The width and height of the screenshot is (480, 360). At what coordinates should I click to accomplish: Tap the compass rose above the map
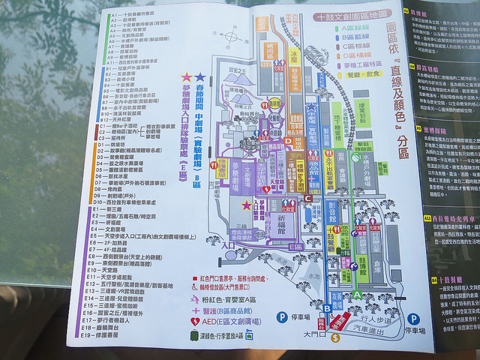coord(233,36)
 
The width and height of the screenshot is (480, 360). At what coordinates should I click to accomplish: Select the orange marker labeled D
coord(288,140)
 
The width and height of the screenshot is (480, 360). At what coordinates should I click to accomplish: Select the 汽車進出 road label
coord(367,328)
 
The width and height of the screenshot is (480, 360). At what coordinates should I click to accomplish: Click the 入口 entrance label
coord(208,245)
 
